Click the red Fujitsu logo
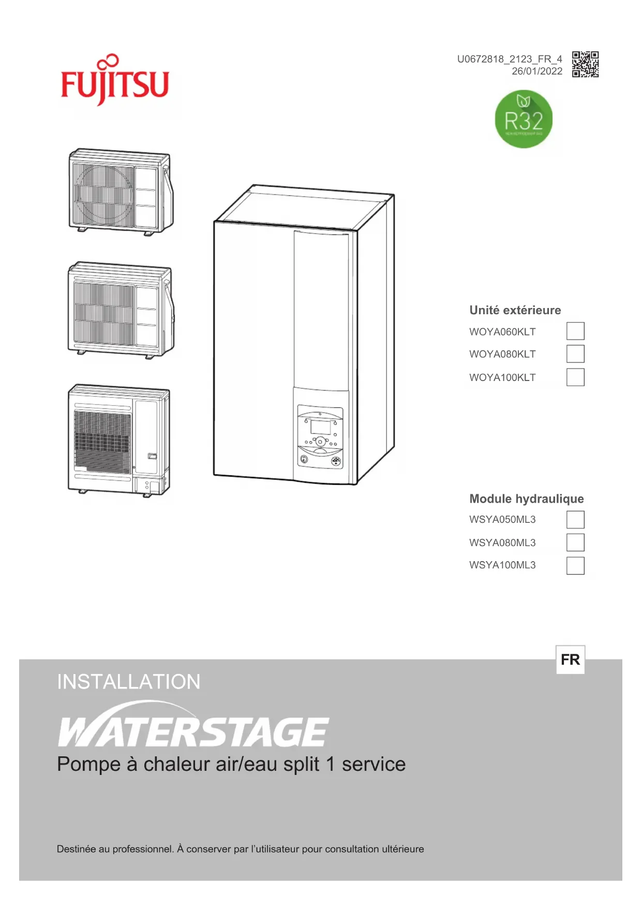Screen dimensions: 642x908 115,82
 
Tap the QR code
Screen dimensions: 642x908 585,64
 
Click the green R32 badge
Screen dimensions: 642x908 524,119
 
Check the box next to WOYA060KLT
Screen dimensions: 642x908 575,331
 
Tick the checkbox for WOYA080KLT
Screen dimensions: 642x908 575,354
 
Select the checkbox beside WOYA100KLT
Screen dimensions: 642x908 575,377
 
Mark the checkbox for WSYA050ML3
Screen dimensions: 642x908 575,520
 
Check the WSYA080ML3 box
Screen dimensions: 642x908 575,543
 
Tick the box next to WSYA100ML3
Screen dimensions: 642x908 575,565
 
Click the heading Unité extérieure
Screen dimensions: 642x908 515,310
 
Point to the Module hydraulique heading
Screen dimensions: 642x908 526,499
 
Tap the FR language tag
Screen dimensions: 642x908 570,660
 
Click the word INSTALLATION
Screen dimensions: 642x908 128,682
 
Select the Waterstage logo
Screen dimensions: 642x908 192,727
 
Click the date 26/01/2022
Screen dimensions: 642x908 536,71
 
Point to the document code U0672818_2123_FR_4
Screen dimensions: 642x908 509,59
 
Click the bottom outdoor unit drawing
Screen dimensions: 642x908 119,440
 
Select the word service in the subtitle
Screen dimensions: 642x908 374,764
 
